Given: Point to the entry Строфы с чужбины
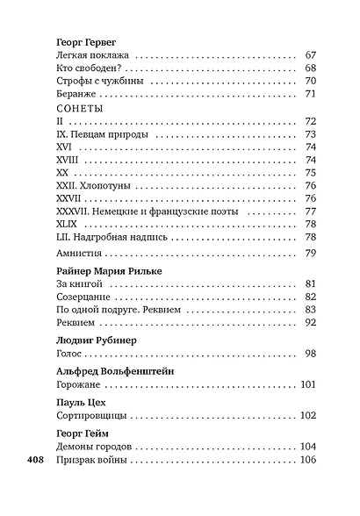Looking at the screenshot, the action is click(x=97, y=82).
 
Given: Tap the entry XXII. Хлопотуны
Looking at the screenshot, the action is click(x=96, y=185).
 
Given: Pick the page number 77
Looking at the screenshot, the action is click(x=309, y=211).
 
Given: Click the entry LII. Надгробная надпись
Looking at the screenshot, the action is click(x=112, y=237).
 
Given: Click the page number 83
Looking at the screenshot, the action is click(x=309, y=310).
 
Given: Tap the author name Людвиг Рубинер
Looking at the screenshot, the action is click(x=94, y=339).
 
